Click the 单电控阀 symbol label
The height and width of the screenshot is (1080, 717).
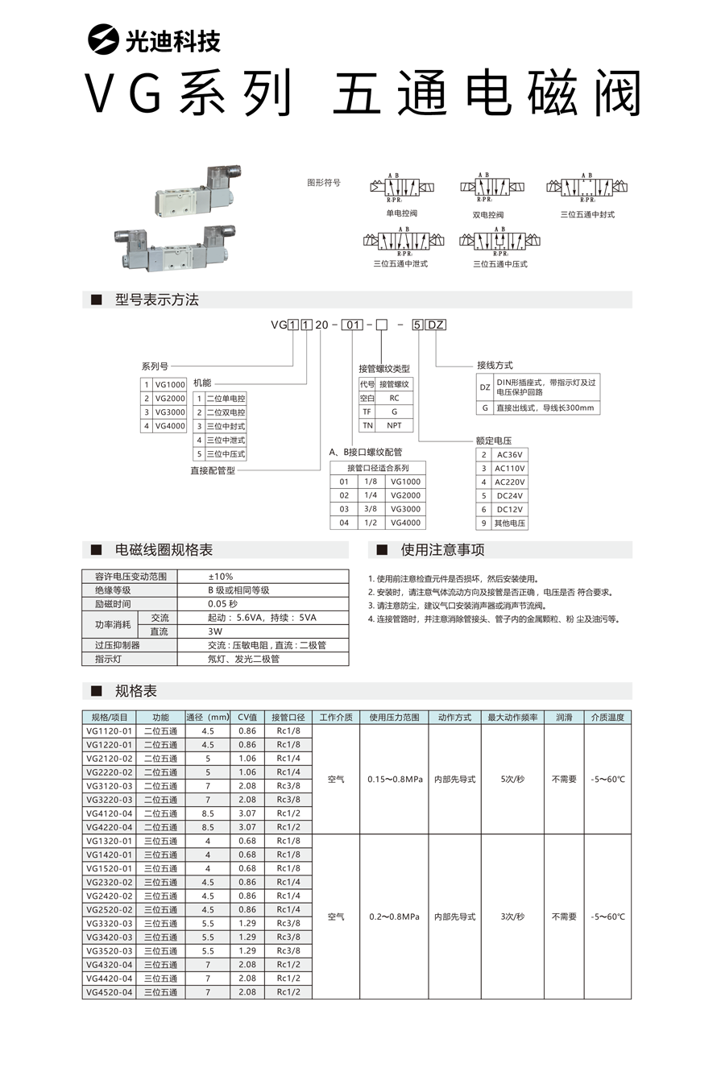pyautogui.click(x=402, y=213)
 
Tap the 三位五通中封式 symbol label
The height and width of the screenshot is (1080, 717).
pyautogui.click(x=587, y=214)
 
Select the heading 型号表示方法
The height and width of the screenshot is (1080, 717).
pyautogui.click(x=156, y=300)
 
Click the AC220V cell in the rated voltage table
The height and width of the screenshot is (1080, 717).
pyautogui.click(x=509, y=482)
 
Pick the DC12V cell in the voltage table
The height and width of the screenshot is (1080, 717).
pyautogui.click(x=509, y=509)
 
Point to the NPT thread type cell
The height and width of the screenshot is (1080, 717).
pyautogui.click(x=394, y=425)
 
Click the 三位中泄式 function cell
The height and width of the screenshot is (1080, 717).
pyautogui.click(x=226, y=440)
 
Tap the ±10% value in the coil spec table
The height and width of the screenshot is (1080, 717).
pyautogui.click(x=220, y=576)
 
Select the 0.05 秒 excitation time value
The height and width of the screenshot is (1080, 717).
pyautogui.click(x=222, y=604)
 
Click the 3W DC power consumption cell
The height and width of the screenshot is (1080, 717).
pyautogui.click(x=215, y=631)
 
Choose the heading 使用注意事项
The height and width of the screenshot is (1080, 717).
pyautogui.click(x=442, y=550)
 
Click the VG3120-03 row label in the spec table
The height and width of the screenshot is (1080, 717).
pyautogui.click(x=109, y=786)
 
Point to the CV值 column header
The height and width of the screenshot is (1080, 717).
pyautogui.click(x=247, y=717)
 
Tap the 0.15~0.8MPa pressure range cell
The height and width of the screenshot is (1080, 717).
pyautogui.click(x=394, y=780)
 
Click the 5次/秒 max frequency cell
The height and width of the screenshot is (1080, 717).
pyautogui.click(x=512, y=780)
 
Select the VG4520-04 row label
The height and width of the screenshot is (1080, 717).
pyautogui.click(x=109, y=992)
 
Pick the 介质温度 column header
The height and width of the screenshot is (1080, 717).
pyautogui.click(x=607, y=717)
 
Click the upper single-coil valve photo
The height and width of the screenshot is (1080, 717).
pyautogui.click(x=193, y=193)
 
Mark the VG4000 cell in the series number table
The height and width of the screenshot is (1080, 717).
pyautogui.click(x=170, y=426)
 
